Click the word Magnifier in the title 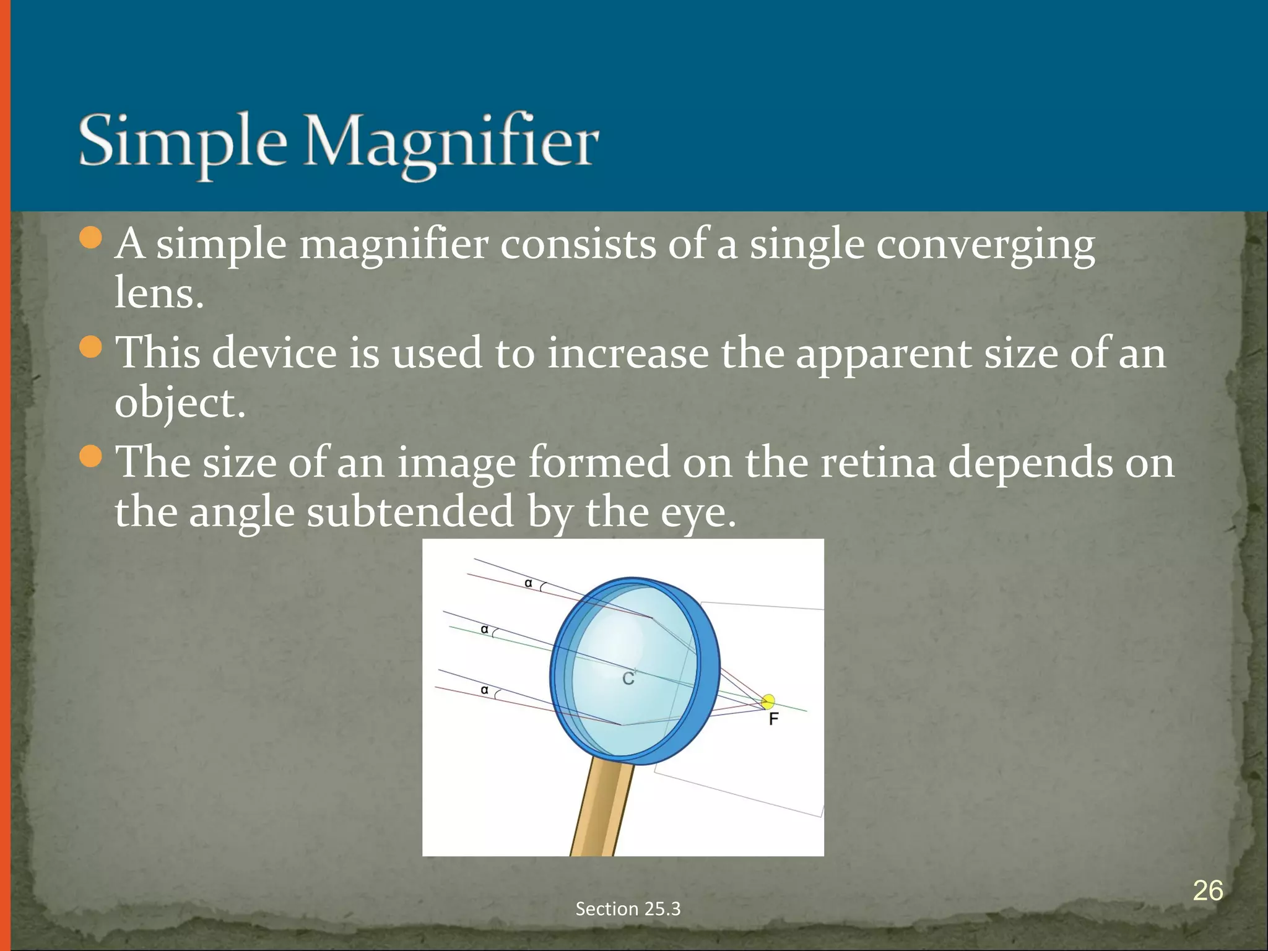coord(451,144)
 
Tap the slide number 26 coord(1207,890)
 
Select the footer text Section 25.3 coord(628,908)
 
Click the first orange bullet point coord(91,238)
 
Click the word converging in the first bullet coord(985,245)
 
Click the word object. coord(180,404)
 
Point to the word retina coord(877,462)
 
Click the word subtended coord(410,513)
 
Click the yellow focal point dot coord(768,701)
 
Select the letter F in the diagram coord(773,719)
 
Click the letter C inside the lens coord(628,679)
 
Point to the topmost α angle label coord(528,583)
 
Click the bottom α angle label coord(485,690)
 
